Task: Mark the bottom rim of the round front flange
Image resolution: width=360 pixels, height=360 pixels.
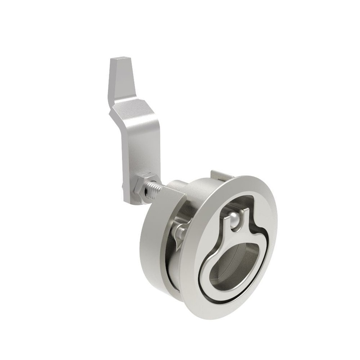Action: point(216,315)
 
